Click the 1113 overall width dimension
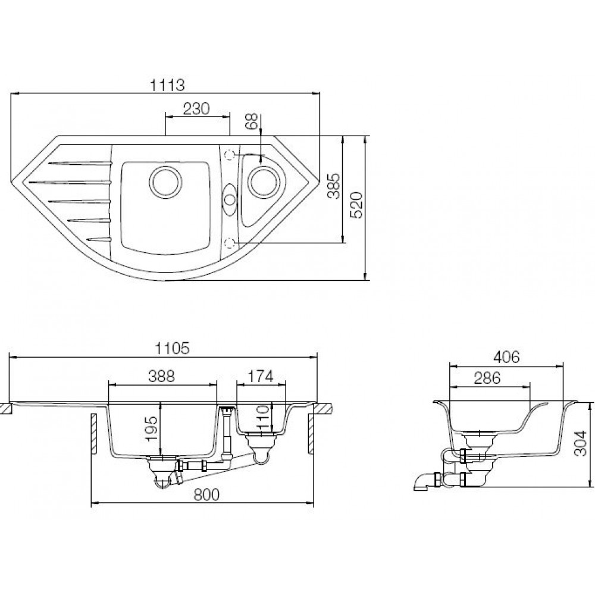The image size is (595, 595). tap(167, 85)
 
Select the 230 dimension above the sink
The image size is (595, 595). tap(196, 109)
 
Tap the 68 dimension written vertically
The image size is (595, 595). tap(252, 121)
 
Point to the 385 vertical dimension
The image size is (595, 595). tap(334, 186)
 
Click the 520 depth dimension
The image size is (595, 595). tap(356, 205)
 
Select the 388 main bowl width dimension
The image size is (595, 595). tap(162, 377)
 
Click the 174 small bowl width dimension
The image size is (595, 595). tap(261, 377)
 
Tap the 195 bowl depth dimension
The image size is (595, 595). tap(151, 428)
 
